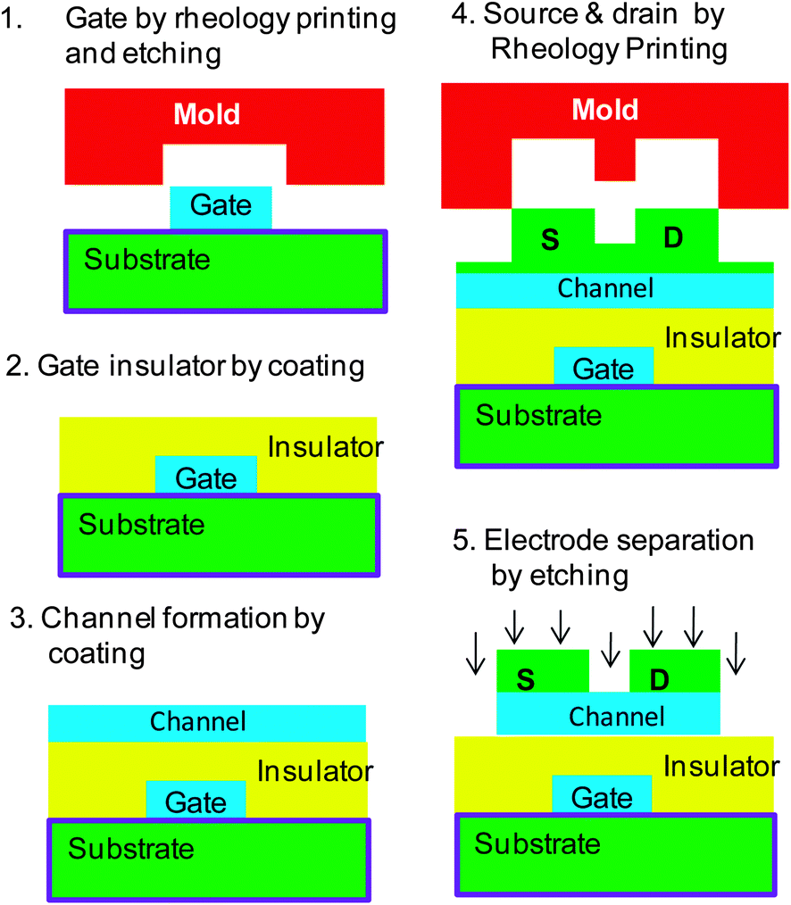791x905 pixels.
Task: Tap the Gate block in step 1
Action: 221,206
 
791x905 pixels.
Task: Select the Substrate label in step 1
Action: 147,260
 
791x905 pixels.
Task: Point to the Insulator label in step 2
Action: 325,446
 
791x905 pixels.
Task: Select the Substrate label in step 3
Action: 131,847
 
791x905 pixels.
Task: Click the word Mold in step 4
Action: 605,111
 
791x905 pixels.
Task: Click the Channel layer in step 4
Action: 605,288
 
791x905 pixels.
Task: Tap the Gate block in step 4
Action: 604,367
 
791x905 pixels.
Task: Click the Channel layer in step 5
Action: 616,716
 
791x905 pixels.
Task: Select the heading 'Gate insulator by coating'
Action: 186,367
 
